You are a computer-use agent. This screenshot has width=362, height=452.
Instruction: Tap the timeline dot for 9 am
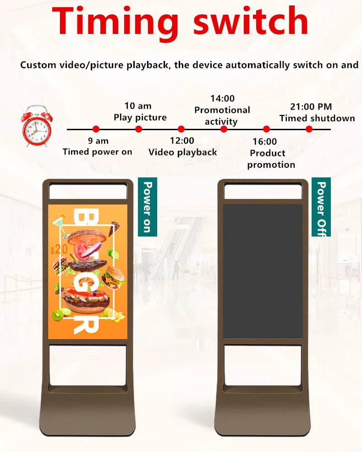96,129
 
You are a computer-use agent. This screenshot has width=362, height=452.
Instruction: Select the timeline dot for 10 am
138,129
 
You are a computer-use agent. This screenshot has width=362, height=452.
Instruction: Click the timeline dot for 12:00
181,129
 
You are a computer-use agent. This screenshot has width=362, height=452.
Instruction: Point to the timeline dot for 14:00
224,129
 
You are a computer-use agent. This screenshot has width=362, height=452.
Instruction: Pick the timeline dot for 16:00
266,129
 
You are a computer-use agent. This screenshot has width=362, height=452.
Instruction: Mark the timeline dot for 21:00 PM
309,129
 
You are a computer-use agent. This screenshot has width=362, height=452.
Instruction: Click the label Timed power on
98,152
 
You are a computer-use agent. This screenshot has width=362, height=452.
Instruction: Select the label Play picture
140,117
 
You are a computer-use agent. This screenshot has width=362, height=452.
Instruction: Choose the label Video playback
183,152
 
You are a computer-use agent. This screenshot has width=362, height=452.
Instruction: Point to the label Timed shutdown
317,118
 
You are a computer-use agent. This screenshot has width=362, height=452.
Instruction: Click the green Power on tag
148,207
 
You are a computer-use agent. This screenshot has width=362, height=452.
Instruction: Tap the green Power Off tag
321,207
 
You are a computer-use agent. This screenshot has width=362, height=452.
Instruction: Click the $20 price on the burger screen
59,249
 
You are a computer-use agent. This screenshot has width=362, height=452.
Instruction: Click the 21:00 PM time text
311,107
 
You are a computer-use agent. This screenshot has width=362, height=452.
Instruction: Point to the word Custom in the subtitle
38,65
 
